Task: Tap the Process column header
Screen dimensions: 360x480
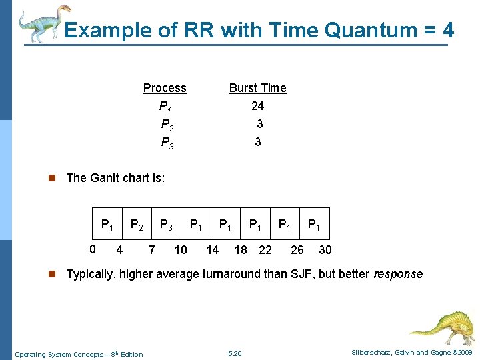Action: (x=165, y=88)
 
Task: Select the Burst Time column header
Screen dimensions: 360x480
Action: (x=257, y=88)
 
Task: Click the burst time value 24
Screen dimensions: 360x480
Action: (x=257, y=106)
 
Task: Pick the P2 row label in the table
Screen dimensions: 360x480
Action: (x=167, y=125)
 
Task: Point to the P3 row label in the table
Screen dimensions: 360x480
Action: (x=167, y=143)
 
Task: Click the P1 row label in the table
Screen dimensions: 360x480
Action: (x=165, y=107)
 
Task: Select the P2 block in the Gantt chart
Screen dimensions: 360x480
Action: (x=137, y=225)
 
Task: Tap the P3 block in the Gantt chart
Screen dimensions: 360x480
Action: (x=167, y=225)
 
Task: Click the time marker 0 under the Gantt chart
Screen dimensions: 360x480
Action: (x=93, y=250)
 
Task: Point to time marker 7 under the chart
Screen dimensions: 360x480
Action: (x=152, y=250)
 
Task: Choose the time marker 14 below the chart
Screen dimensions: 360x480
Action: (x=212, y=250)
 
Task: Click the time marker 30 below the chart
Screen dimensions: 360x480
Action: (x=325, y=250)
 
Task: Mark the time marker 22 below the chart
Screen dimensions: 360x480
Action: (x=265, y=250)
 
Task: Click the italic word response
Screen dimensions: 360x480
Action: (x=398, y=274)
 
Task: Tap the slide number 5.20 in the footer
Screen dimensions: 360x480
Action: (x=235, y=354)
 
